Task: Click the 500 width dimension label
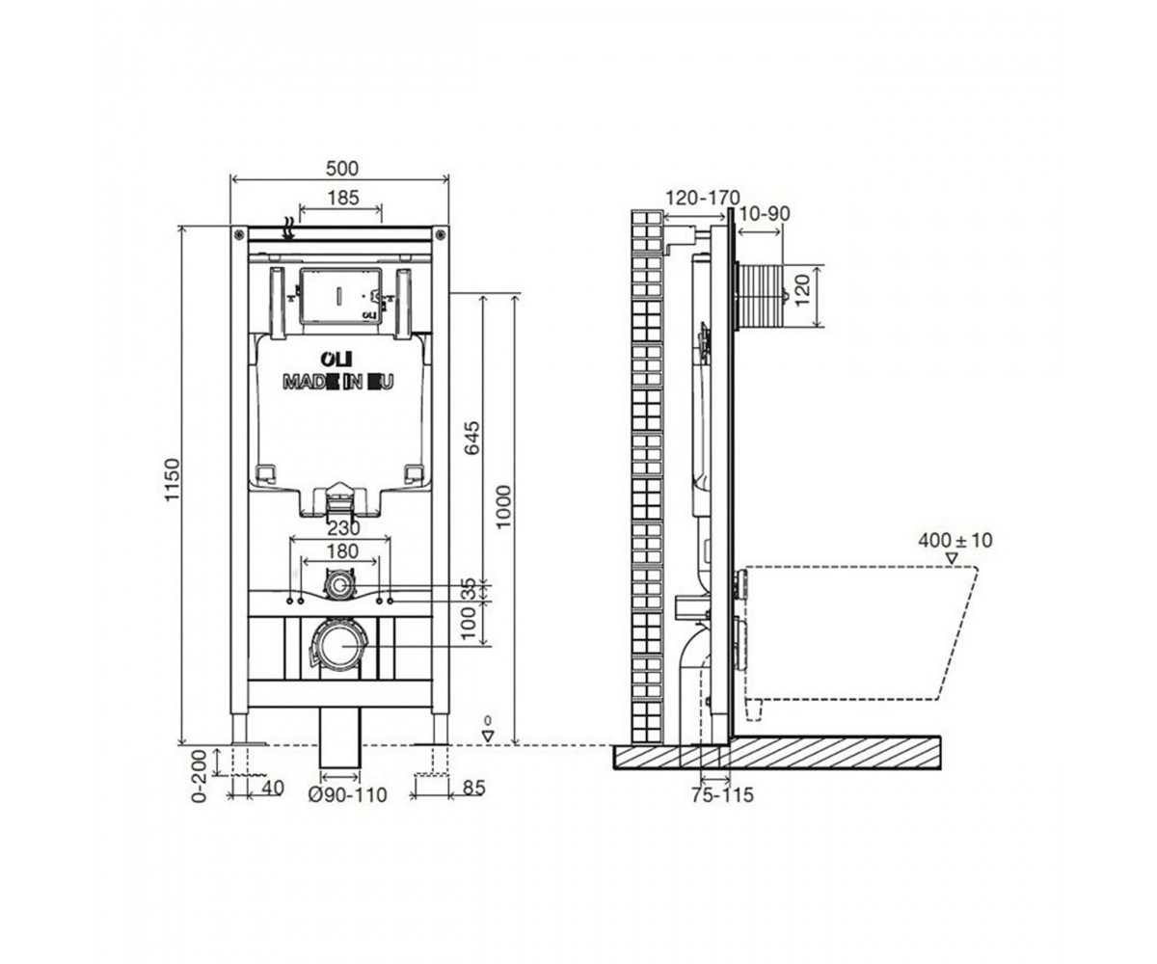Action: (x=342, y=168)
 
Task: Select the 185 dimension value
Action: (x=343, y=198)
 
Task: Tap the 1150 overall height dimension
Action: (x=173, y=479)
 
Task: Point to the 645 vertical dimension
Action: (x=471, y=438)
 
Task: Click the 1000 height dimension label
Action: (x=503, y=507)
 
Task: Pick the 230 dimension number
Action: (x=343, y=528)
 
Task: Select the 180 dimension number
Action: (x=342, y=551)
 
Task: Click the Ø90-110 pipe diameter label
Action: (x=347, y=795)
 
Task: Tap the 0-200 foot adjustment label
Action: (x=199, y=776)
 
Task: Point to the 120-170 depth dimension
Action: (x=702, y=198)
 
